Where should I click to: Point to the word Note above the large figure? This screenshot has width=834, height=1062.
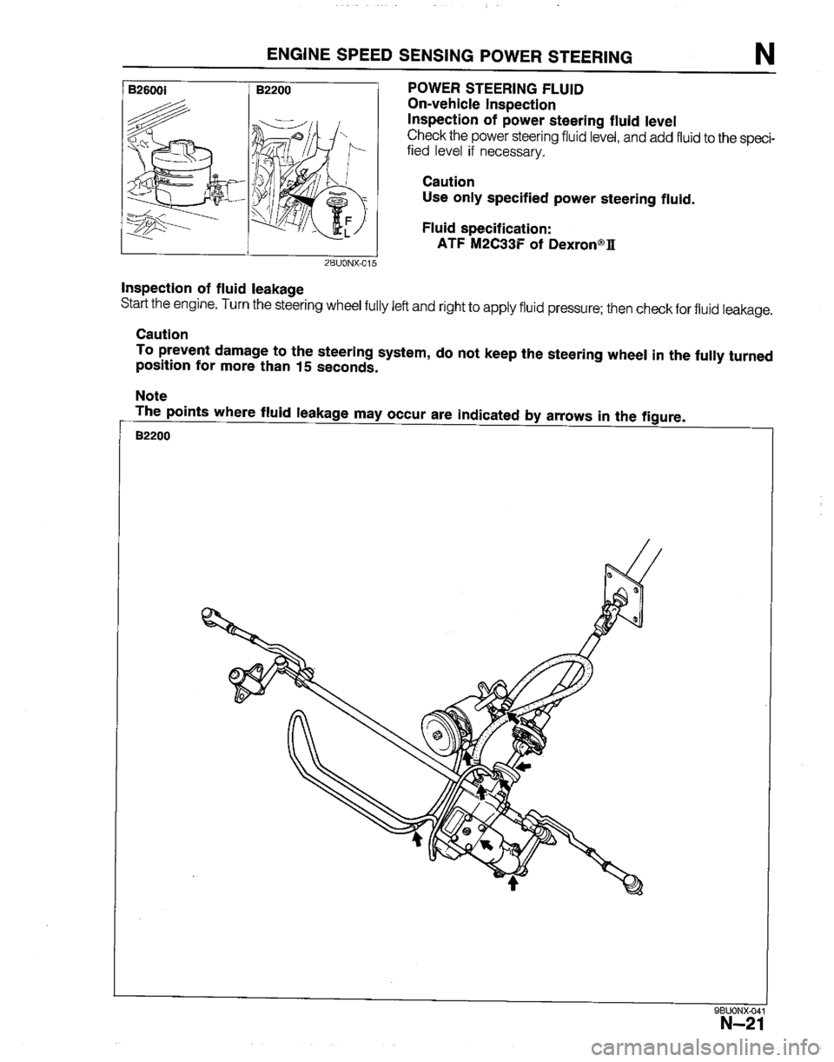point(152,395)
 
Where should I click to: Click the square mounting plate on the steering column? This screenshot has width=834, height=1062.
point(619,594)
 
